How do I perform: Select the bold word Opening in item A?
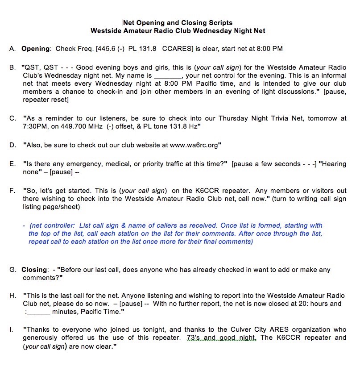pos(35,48)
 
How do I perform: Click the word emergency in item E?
pos(75,164)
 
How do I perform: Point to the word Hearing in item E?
pos(333,164)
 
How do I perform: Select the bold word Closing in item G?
pos(34,269)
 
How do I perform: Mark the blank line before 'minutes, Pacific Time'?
pos(38,312)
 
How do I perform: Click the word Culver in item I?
pos(227,330)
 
